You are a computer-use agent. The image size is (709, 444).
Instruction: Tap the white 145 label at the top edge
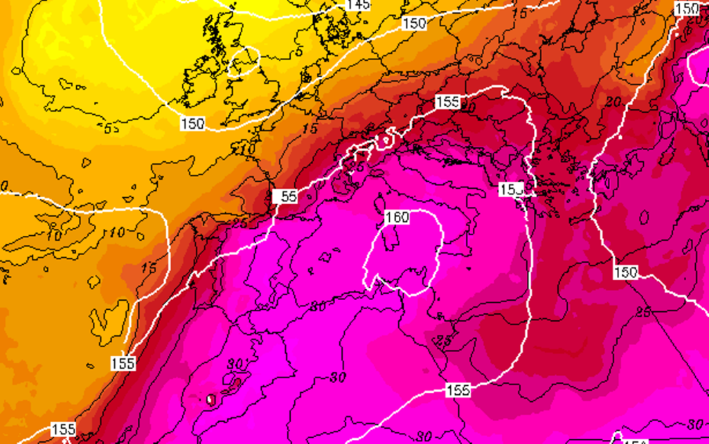tap(358, 4)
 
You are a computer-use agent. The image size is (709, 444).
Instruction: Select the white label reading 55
tap(285, 196)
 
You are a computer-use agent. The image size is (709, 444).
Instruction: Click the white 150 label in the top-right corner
tap(686, 9)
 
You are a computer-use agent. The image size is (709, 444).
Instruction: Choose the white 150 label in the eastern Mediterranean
tap(625, 272)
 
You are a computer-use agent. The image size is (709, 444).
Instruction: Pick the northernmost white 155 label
tap(447, 102)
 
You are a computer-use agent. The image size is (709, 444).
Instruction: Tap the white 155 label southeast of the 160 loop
tap(458, 391)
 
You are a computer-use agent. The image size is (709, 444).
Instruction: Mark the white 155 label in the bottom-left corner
tap(62, 429)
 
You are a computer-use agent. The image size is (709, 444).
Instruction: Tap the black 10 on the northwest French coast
tap(249, 148)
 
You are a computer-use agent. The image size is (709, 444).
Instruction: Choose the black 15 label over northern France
tap(309, 129)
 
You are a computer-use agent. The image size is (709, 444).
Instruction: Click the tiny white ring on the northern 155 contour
tap(384, 140)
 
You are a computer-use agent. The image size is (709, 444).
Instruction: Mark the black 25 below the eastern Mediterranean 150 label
tap(643, 313)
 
